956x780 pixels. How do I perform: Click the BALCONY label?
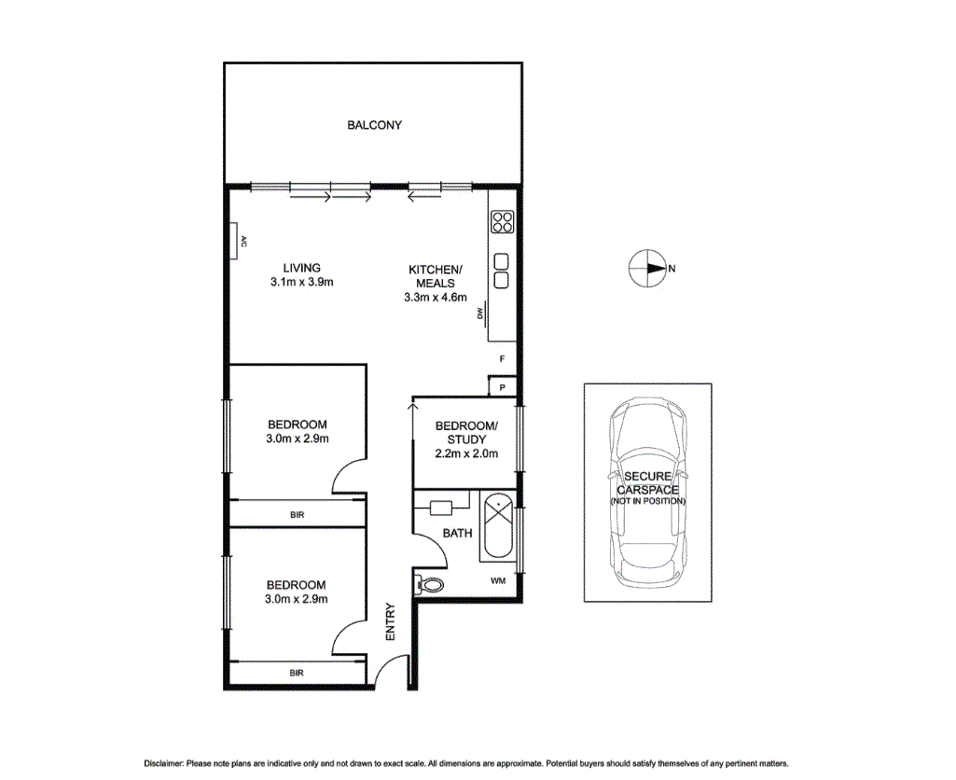point(374,125)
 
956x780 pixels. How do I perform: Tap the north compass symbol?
point(647,269)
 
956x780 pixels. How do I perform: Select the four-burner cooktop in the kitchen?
point(502,222)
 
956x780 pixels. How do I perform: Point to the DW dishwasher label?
point(480,313)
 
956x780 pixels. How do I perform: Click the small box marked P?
point(502,387)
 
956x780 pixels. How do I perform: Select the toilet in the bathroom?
point(431,584)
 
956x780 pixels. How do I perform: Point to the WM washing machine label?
point(499,580)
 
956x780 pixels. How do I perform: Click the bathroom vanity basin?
point(440,508)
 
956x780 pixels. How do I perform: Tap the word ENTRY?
point(391,622)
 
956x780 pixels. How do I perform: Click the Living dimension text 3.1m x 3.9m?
point(296,281)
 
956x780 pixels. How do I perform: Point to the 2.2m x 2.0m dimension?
point(466,454)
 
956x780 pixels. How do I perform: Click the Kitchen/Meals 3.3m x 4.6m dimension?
point(436,298)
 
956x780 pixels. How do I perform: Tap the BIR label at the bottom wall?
point(296,673)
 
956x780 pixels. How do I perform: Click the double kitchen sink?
point(502,271)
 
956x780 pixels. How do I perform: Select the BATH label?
point(457,534)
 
